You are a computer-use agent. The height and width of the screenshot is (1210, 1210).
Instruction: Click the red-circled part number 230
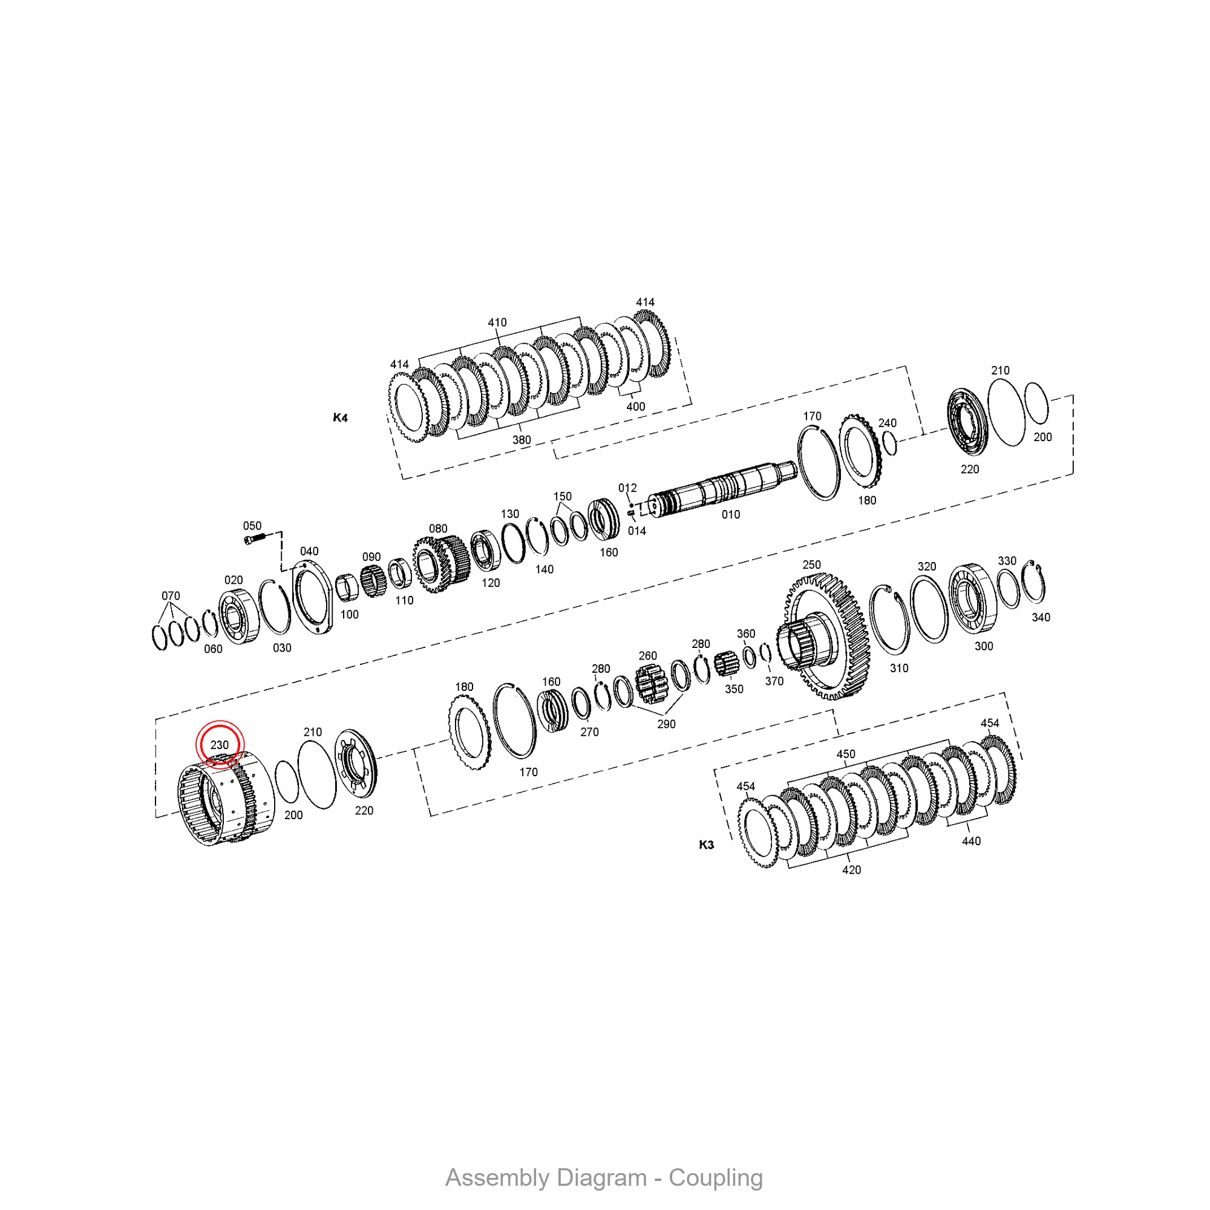coord(219,745)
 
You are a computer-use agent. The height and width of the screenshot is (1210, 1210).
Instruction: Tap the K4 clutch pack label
coord(340,417)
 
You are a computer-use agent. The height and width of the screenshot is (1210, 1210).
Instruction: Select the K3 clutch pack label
coord(706,845)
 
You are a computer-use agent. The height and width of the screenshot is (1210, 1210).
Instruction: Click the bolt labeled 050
coord(255,538)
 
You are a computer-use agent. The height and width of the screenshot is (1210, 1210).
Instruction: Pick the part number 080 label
coord(438,529)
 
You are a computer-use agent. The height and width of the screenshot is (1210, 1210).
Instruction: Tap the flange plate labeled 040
coord(313,600)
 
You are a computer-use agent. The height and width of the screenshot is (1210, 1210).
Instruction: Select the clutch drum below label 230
coord(226,799)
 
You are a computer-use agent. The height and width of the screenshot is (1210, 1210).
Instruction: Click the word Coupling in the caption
coord(715,1178)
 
